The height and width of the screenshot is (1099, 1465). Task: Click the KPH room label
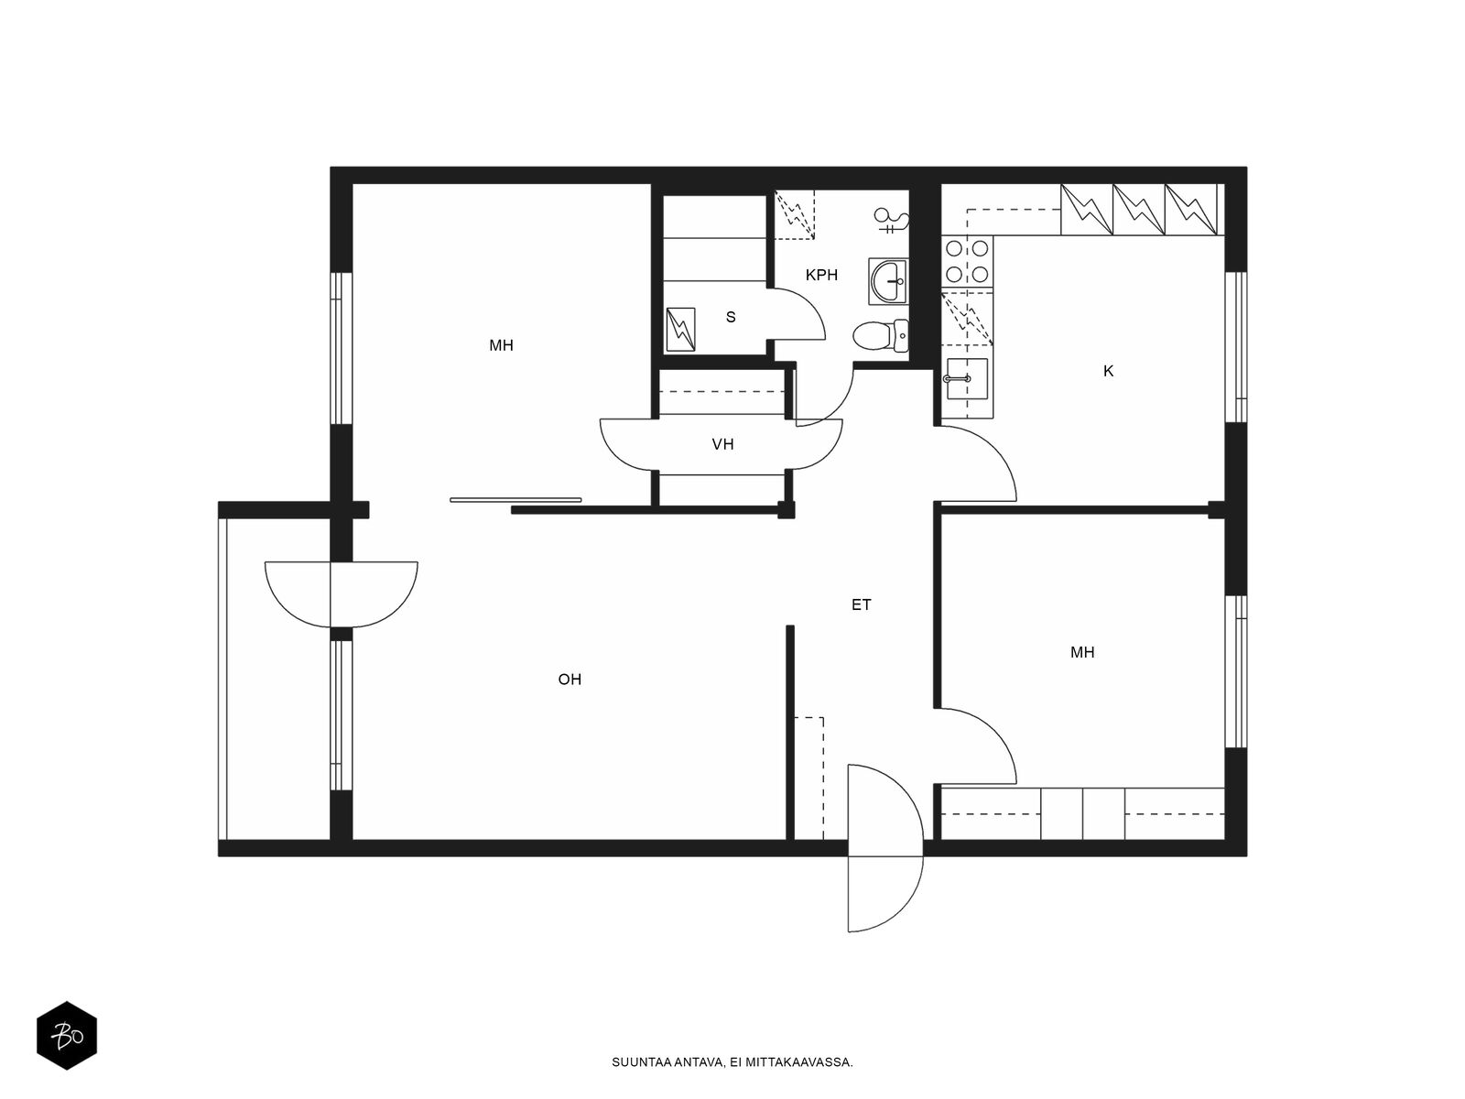coord(821,275)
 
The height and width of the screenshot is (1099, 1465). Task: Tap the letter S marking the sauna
coord(731,317)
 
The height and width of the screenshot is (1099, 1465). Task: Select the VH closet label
coord(722,444)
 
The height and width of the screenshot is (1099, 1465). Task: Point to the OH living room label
coord(570,680)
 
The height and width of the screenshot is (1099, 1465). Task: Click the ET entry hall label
coord(861,604)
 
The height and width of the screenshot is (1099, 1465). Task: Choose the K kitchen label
coord(1108,371)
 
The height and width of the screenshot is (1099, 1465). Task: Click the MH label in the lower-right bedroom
coord(1082,652)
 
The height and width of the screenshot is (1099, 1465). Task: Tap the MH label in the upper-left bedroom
coord(501,345)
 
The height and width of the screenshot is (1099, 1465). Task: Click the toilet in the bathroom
coord(880,335)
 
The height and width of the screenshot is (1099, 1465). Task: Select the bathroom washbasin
coord(888,281)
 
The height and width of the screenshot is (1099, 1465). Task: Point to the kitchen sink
coord(966,378)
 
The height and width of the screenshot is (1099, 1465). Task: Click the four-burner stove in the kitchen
coord(967,261)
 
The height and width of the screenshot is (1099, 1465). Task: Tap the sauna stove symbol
coord(681,329)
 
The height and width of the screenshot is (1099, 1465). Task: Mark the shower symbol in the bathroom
coord(893,220)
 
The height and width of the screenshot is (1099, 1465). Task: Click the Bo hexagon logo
coord(67,1036)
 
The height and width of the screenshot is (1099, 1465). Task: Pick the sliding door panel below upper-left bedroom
coord(515,500)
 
